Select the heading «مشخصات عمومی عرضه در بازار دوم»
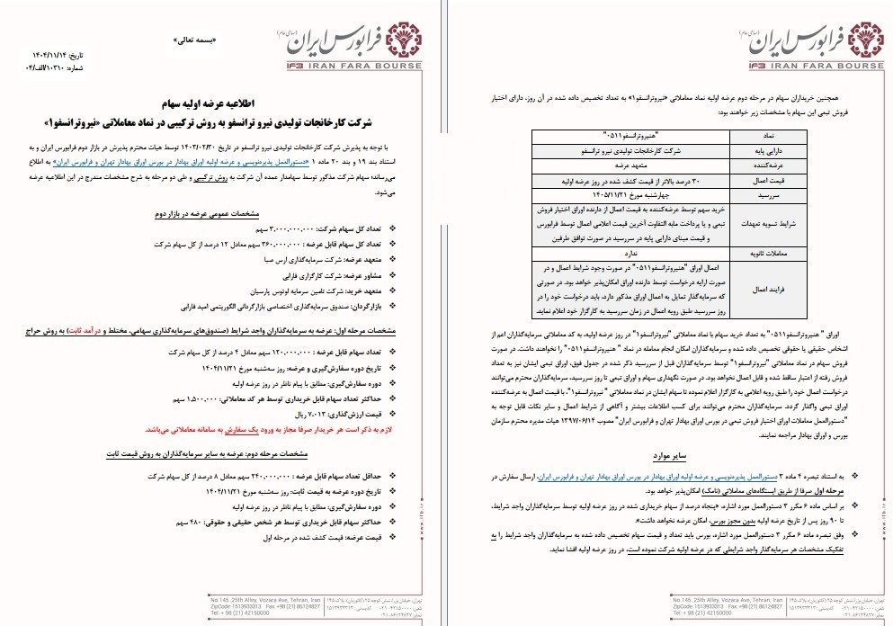coord(337,213)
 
